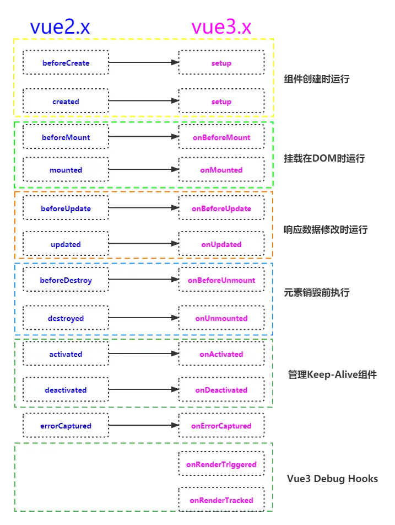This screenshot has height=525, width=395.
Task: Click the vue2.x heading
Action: [x=60, y=27]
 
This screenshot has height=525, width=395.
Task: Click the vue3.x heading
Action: [x=221, y=27]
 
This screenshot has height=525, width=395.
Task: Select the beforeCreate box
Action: [x=66, y=63]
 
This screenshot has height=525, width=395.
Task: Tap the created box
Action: [x=66, y=101]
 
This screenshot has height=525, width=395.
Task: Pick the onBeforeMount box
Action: [x=221, y=137]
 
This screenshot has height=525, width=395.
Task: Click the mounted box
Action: [x=66, y=170]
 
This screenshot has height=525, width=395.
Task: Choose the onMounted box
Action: [x=221, y=170]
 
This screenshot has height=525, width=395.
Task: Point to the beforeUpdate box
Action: [x=66, y=208]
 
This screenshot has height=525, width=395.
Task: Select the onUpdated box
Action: [x=221, y=244]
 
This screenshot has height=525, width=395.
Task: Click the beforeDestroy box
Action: [x=66, y=280]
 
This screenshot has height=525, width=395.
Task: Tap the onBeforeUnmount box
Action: [x=221, y=280]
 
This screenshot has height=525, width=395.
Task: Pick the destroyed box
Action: [x=66, y=318]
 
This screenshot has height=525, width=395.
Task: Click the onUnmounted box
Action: [x=221, y=318]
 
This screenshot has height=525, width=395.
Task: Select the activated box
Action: [x=66, y=354]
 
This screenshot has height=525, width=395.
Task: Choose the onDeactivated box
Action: [x=221, y=390]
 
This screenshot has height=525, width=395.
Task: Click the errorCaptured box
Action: [x=66, y=426]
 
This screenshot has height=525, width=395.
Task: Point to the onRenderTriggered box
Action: [x=221, y=464]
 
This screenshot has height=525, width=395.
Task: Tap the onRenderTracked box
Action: [x=221, y=500]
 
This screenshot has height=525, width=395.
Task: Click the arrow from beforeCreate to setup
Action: [x=143, y=62]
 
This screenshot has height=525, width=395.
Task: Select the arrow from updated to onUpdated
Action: [x=143, y=243]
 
